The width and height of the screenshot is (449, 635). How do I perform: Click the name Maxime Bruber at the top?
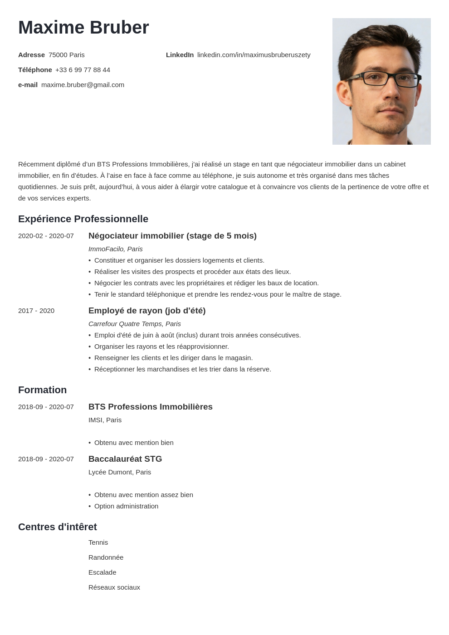click(x=83, y=28)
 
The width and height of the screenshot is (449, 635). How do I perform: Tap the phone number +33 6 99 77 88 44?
click(x=83, y=70)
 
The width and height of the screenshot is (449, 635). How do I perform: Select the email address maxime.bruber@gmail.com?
click(x=83, y=85)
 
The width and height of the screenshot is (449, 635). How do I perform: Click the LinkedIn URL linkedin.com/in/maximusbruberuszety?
click(x=254, y=55)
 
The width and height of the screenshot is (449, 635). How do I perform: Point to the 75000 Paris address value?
click(x=67, y=55)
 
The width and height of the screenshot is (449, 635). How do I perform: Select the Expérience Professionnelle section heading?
click(x=83, y=219)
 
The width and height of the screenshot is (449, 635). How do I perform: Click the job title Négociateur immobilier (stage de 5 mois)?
click(x=172, y=236)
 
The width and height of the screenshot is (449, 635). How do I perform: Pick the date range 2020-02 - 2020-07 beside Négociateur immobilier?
click(x=46, y=236)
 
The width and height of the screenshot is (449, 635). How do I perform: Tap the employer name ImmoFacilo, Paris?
click(x=115, y=249)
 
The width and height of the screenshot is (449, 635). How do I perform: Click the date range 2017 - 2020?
click(x=36, y=311)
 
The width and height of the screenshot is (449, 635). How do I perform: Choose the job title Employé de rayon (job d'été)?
click(x=147, y=311)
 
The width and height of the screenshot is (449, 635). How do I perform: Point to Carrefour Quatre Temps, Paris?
click(x=134, y=324)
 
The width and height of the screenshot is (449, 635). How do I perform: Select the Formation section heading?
click(x=42, y=390)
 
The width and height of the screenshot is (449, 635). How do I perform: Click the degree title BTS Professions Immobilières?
click(x=150, y=407)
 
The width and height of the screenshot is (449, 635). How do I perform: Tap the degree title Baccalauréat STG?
click(x=125, y=459)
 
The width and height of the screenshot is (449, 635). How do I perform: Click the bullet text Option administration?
click(x=126, y=506)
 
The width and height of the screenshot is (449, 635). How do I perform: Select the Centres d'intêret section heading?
click(x=57, y=527)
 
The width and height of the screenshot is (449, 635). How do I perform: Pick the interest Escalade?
click(x=102, y=572)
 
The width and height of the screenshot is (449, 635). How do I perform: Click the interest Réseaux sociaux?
click(x=114, y=587)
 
